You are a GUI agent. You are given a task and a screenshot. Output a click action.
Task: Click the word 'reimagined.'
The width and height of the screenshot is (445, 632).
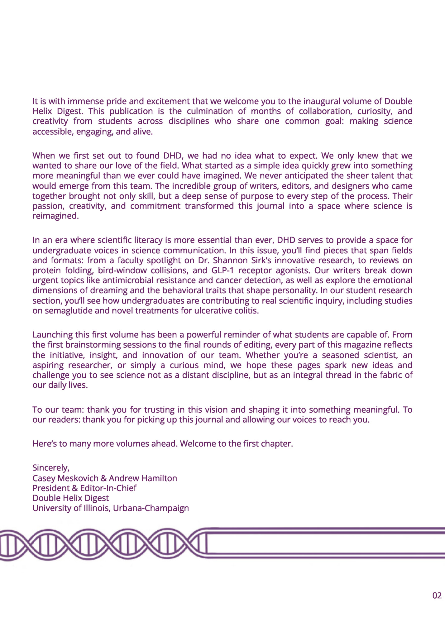tap(55, 216)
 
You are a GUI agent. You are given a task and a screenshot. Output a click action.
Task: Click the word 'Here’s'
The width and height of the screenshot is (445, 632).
tap(45, 443)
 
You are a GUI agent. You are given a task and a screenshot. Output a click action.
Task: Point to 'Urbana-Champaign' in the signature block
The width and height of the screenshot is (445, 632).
tap(151, 508)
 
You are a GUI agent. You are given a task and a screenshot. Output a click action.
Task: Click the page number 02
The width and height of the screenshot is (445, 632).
tap(437, 596)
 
